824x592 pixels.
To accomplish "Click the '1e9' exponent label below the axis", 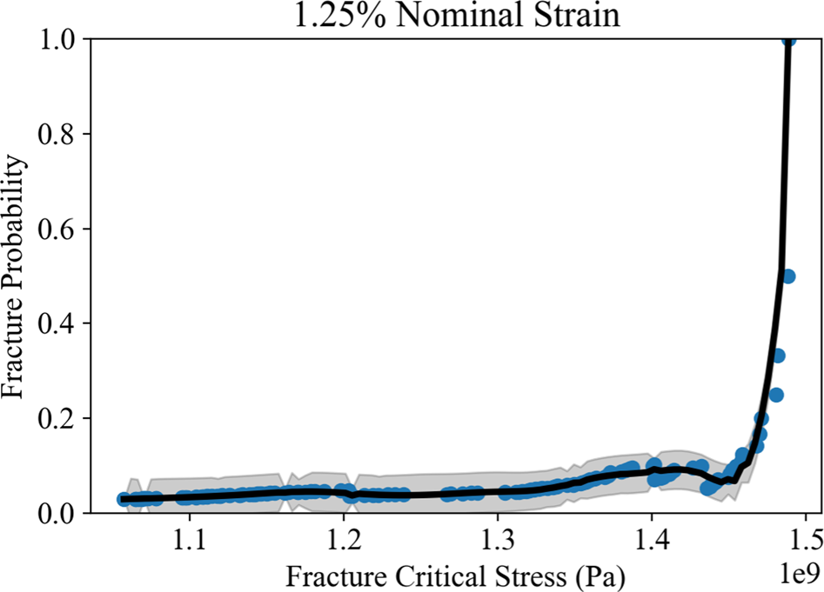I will pos(794,574).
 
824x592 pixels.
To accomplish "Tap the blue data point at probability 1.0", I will pos(789,40).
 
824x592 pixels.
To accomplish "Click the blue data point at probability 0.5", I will pos(789,276).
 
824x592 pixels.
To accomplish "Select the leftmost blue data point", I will pos(124,499).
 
